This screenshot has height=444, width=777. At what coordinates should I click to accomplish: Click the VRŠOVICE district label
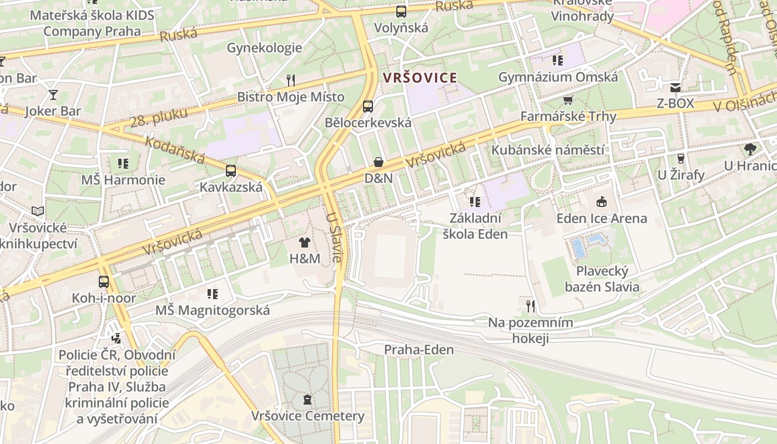point(420,78)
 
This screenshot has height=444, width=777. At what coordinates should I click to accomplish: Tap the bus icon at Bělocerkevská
point(367,107)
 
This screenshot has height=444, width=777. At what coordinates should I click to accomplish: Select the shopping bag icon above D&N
point(379,162)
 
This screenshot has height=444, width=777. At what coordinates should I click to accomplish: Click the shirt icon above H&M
point(305,242)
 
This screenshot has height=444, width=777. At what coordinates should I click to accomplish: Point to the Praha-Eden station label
point(419,350)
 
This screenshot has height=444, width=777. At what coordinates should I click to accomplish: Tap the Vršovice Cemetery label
point(307,416)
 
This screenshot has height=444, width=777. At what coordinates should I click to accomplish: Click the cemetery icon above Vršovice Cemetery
point(307,399)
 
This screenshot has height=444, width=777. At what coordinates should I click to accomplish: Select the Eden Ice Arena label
point(602,218)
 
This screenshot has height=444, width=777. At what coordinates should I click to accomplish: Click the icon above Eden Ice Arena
point(601,201)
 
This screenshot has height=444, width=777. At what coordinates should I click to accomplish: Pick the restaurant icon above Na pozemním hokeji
point(531,306)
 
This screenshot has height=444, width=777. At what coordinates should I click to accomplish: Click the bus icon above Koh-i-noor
point(104,281)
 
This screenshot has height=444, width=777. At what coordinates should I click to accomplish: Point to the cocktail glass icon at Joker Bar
point(53,95)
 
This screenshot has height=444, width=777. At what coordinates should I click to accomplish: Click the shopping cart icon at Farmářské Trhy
point(568,100)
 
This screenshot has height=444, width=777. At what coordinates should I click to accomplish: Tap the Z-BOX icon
point(675,87)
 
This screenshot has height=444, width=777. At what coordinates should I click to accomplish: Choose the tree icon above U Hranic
point(750,149)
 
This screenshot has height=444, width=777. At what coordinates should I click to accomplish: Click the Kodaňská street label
point(175,150)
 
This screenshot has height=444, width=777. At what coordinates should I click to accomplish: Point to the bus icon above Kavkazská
point(231,170)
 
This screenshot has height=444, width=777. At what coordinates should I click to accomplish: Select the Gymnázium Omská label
point(558,77)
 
